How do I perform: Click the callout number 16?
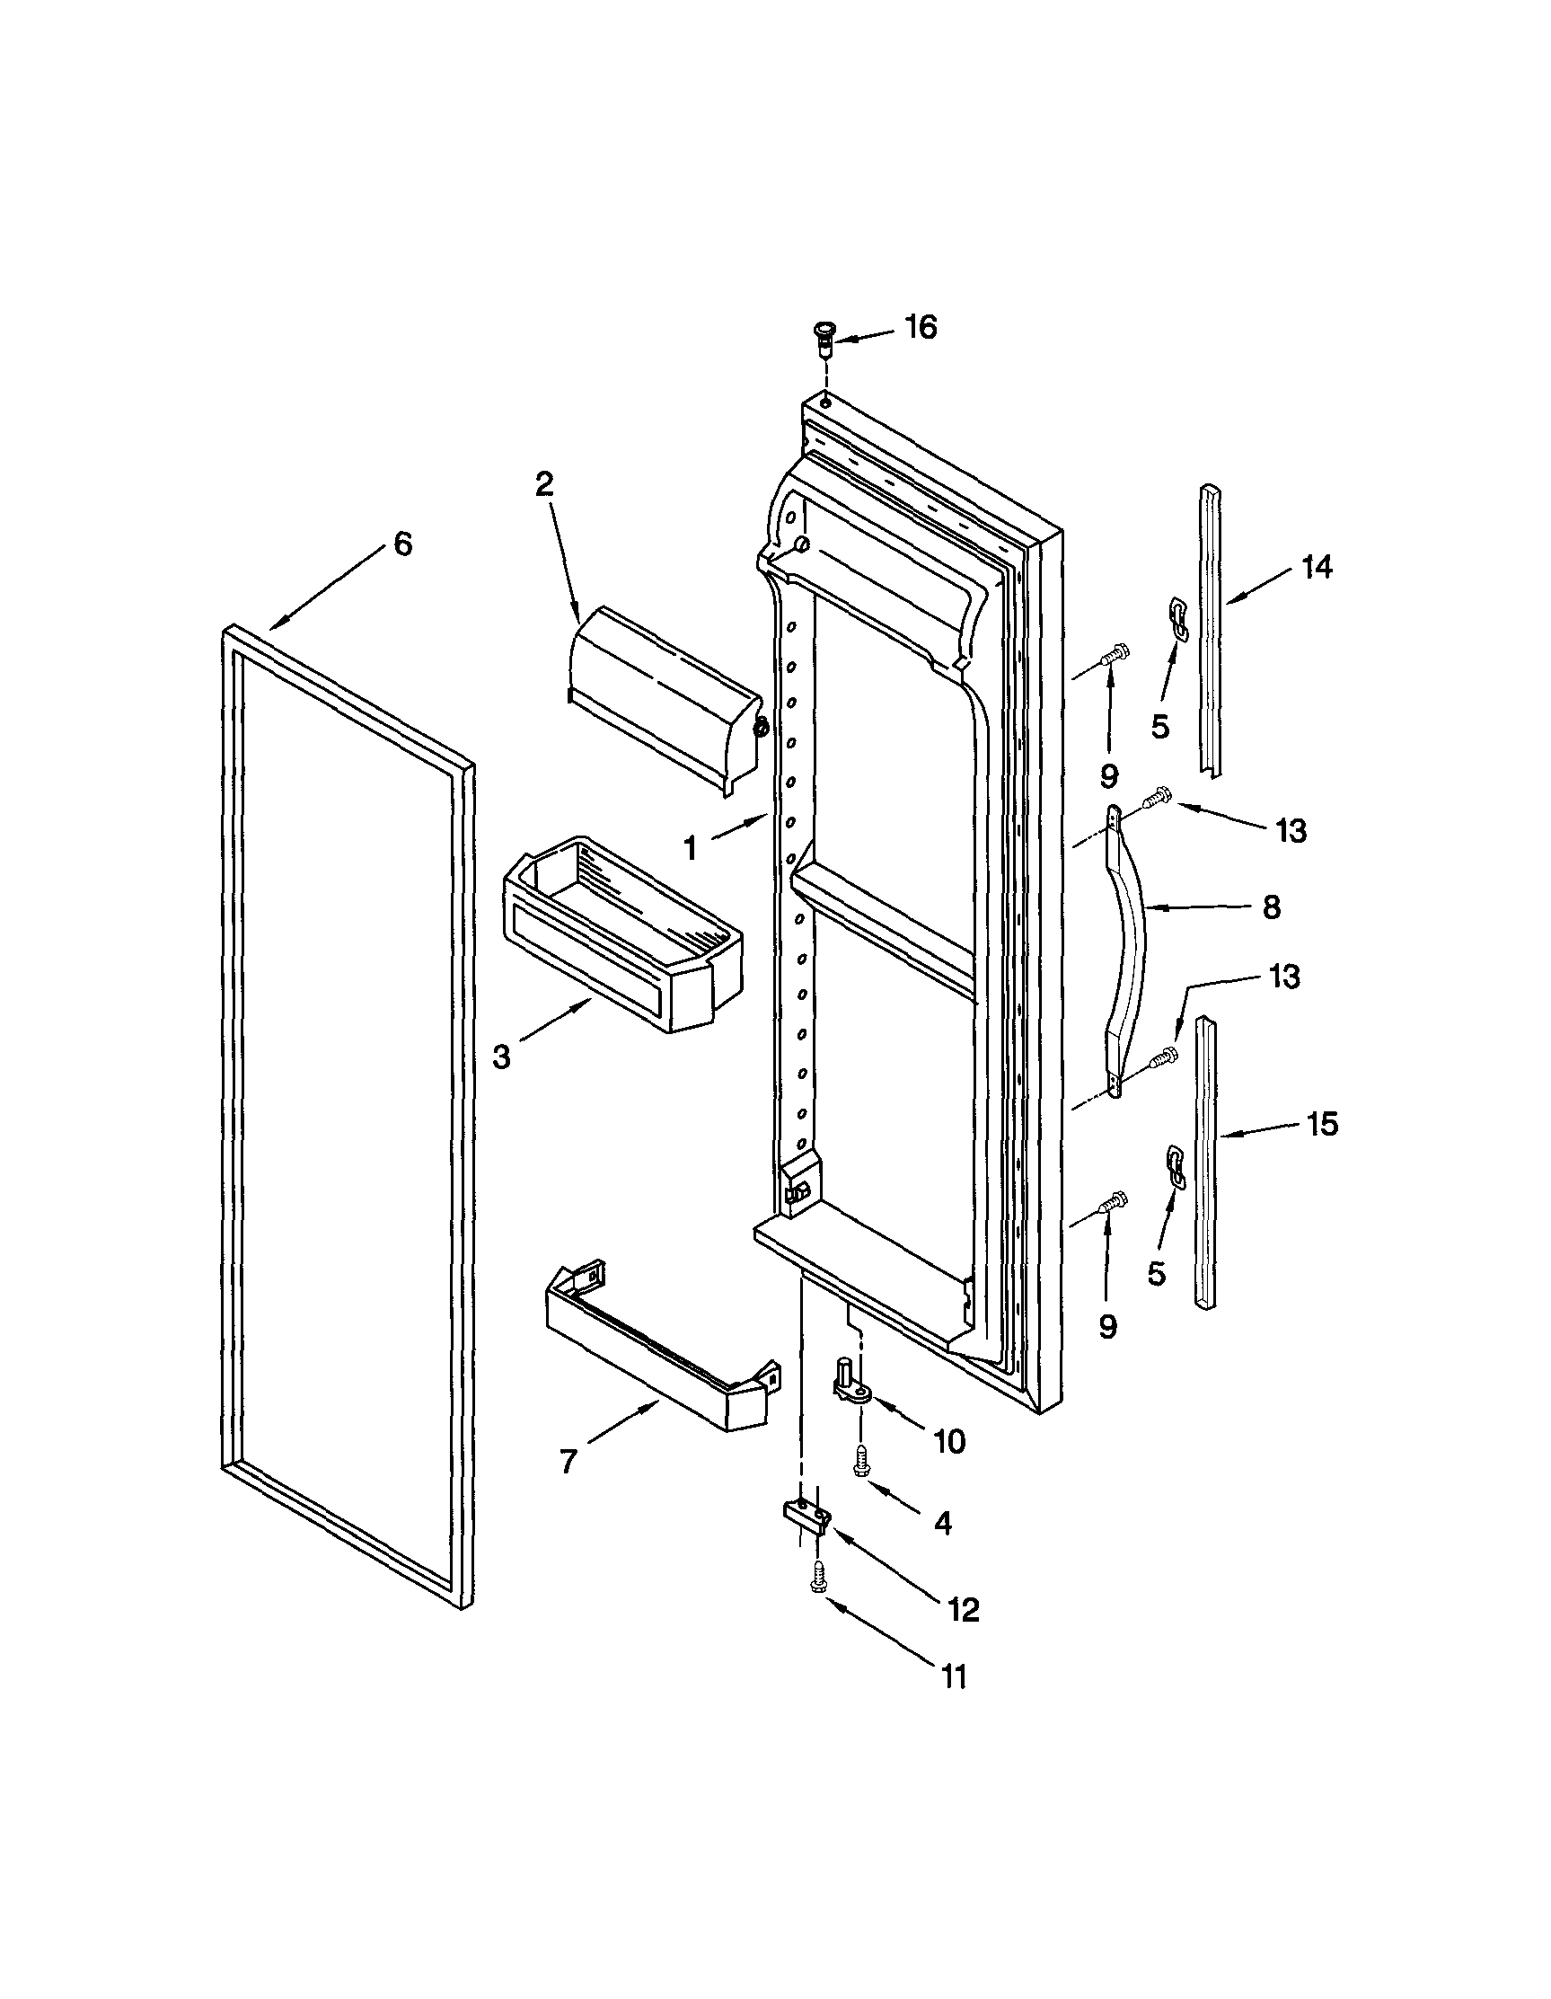coord(921,328)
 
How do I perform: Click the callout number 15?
coord(1322,1123)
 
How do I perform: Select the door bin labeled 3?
coord(622,938)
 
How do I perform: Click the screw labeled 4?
coord(860,1464)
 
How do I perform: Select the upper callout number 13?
coord(1291,831)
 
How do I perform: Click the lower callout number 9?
coord(1108,1326)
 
